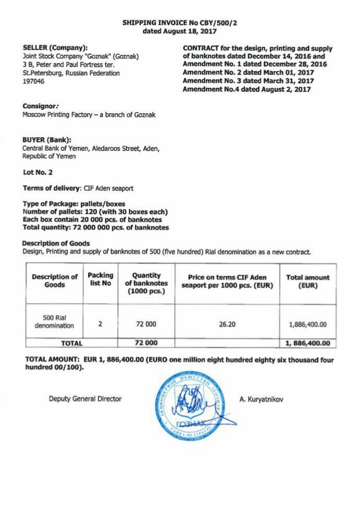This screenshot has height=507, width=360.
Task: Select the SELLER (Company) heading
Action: point(55,48)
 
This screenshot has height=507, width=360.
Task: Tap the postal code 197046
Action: point(33,81)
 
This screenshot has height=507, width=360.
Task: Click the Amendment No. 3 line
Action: point(248,81)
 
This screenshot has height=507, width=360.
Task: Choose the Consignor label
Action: point(40,105)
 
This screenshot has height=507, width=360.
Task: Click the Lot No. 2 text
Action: point(38,172)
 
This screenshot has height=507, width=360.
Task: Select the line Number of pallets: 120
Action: point(95,211)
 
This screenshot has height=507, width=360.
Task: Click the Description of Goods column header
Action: point(55,280)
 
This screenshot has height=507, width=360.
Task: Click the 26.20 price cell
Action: point(227,324)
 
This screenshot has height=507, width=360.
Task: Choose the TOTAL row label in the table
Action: point(71,343)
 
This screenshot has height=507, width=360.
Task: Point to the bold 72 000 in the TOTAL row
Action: point(146,343)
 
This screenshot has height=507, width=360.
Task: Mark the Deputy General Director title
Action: point(85,399)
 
